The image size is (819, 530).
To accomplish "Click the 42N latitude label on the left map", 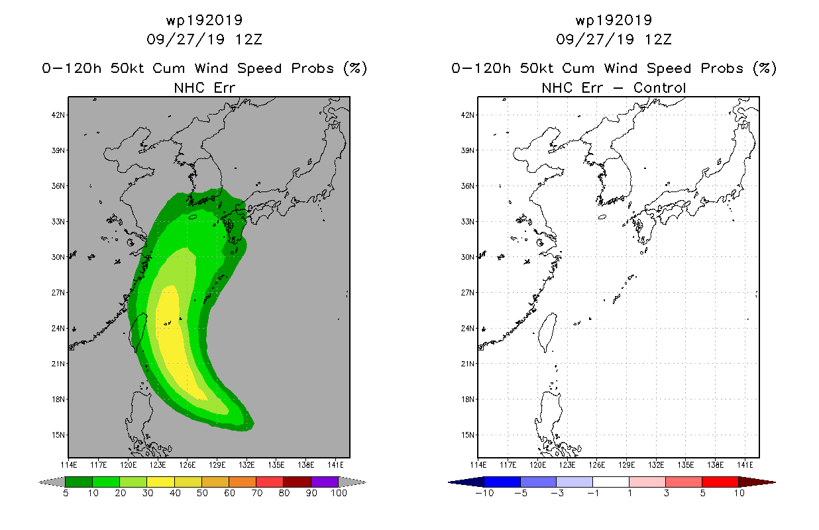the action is coord(58,115).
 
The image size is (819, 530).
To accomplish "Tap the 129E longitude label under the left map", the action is coord(217,465).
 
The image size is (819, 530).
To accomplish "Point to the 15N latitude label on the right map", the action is coord(467,435).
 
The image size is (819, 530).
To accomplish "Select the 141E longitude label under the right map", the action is coord(745,465).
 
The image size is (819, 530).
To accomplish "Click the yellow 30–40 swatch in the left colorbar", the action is coord(160,482).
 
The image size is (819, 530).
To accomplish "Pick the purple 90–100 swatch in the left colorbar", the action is coord(325,482).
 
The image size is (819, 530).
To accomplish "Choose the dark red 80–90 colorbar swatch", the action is coord(298,482).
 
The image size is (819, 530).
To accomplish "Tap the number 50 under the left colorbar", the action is coord(202,493).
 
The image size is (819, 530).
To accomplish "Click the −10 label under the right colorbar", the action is coord(484,493).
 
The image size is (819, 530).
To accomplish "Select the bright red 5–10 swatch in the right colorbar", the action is coord(720,482).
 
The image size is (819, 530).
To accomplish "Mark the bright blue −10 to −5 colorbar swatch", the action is coord(502,482).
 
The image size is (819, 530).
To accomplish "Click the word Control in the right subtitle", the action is coord(659,88).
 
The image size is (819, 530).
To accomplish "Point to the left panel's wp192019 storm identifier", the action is coord(204,21).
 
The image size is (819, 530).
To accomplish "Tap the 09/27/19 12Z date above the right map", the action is coord(614,40).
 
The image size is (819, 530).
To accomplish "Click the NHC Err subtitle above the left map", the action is coord(204,88).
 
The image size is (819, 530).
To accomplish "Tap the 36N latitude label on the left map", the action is coord(58,186).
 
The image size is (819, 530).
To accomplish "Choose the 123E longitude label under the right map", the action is coord(567,465).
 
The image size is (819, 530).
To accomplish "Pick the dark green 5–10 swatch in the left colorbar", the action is coord(79,482).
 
